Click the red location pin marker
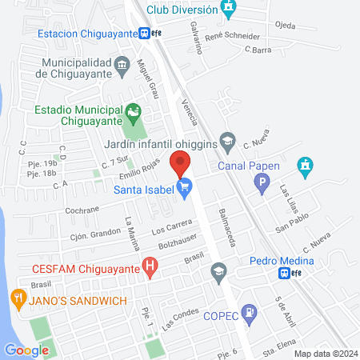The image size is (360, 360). click(x=181, y=162)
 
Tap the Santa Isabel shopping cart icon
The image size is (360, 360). click(x=186, y=190)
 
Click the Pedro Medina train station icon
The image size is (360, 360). click(x=284, y=273)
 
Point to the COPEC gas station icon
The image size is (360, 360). click(x=250, y=311)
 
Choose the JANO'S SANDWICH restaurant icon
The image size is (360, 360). click(x=18, y=300)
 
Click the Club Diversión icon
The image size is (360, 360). click(x=230, y=10)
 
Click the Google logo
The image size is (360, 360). click(x=26, y=349)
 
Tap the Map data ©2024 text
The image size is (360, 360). click(x=325, y=353)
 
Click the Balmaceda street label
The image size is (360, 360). click(x=226, y=229)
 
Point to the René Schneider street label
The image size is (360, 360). click(x=233, y=37)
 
